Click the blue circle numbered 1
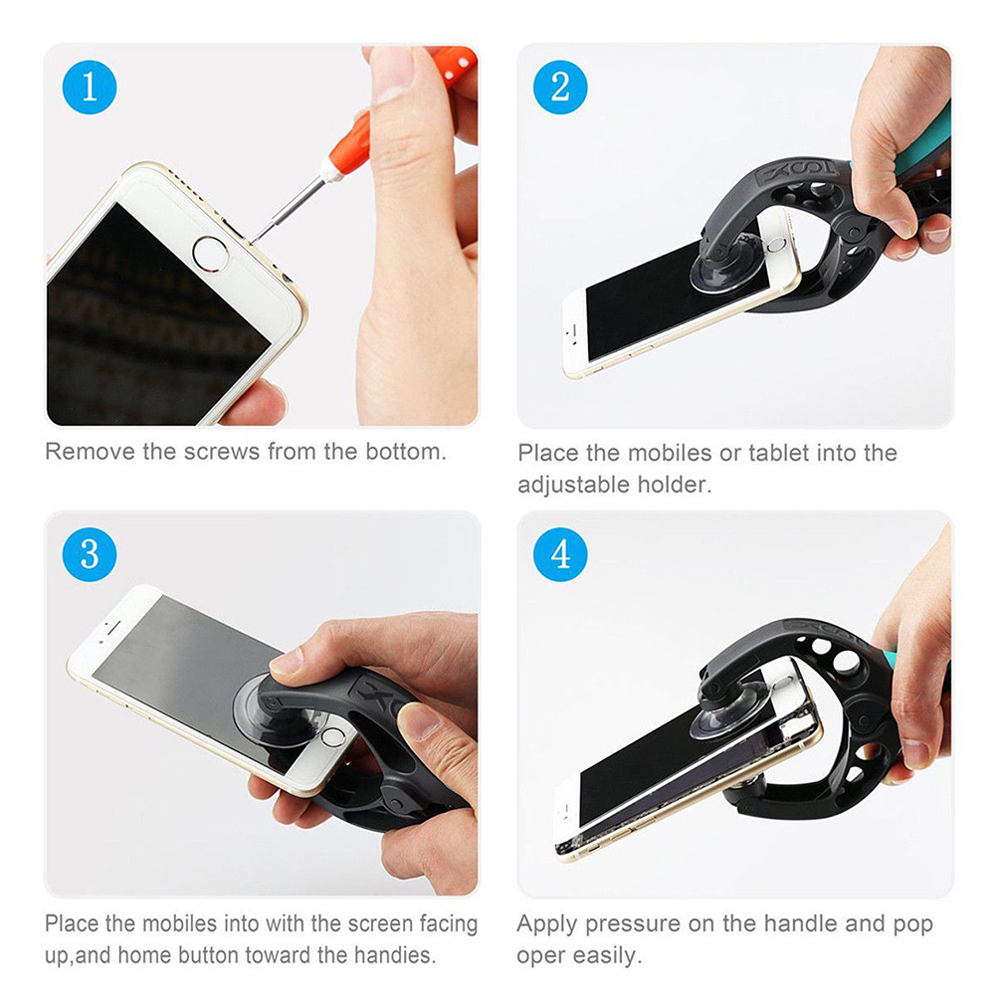click(89, 88)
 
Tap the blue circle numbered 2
click(559, 88)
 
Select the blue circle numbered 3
click(89, 554)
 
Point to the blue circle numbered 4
click(559, 554)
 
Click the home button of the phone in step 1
click(211, 254)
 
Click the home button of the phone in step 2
click(778, 245)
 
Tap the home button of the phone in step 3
click(332, 737)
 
